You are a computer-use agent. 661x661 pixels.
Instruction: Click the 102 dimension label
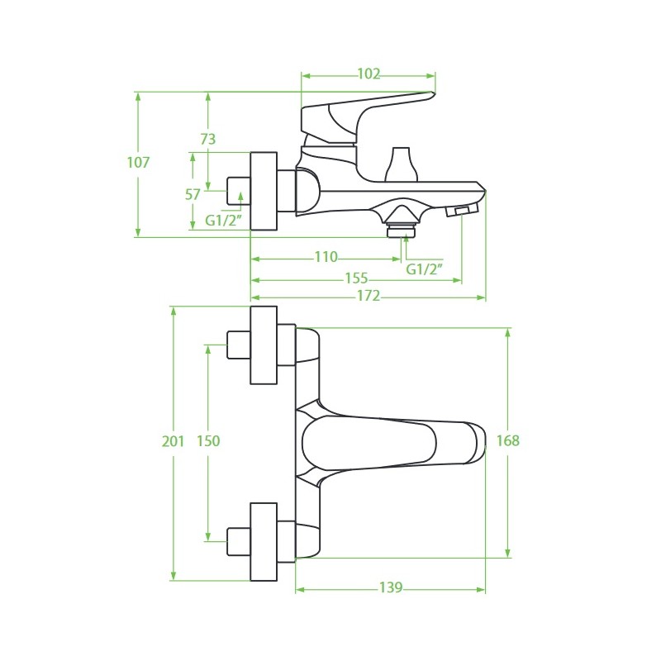(x=369, y=74)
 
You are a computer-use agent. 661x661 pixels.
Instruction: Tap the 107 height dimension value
(x=139, y=162)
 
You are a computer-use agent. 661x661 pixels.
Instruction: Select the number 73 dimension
(x=208, y=139)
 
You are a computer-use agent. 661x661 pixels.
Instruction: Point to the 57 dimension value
(x=193, y=195)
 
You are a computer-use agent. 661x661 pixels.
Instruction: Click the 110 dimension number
(x=326, y=257)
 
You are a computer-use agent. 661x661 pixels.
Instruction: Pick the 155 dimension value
(x=357, y=278)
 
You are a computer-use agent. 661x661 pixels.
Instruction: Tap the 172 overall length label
(x=369, y=296)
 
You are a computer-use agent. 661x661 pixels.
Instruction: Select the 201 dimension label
(x=174, y=441)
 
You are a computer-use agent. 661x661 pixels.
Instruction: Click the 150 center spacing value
(x=208, y=441)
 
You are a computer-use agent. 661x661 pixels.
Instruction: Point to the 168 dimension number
(x=508, y=440)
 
